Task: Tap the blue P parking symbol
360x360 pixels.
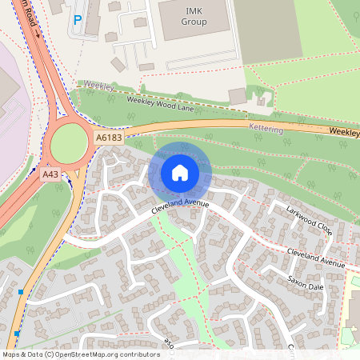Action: coord(78,21)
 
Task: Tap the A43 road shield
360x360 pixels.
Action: coord(50,174)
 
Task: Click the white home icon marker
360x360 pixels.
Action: coord(179,173)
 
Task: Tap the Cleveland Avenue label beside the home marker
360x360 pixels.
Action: coord(180,207)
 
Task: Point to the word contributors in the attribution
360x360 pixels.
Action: coord(134,354)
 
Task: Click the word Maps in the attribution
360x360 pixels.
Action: coord(13,354)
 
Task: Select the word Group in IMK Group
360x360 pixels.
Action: coord(194,22)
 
